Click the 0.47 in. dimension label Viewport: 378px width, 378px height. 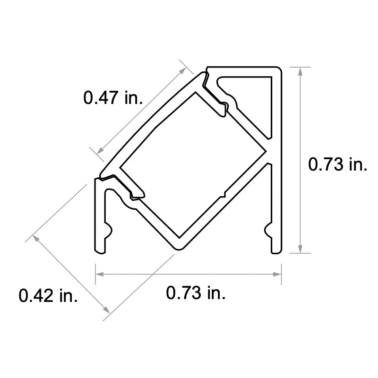click(x=113, y=98)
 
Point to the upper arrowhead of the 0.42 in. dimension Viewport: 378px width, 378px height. click(x=36, y=238)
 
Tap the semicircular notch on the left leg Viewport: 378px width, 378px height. click(x=108, y=232)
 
